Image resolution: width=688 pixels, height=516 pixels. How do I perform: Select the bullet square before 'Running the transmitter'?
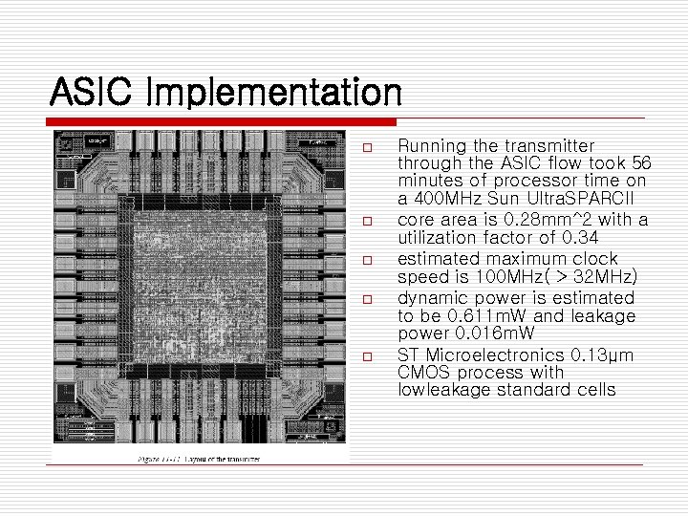367,147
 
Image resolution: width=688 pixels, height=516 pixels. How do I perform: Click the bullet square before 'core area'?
367,222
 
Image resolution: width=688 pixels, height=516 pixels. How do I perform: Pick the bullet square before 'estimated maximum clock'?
367,260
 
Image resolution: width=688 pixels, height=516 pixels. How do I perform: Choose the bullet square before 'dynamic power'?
367,299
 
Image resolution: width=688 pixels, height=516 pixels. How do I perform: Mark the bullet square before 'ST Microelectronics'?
367,356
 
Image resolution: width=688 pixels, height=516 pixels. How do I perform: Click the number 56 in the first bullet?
641,163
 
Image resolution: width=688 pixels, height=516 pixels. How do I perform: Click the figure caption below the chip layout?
200,460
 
